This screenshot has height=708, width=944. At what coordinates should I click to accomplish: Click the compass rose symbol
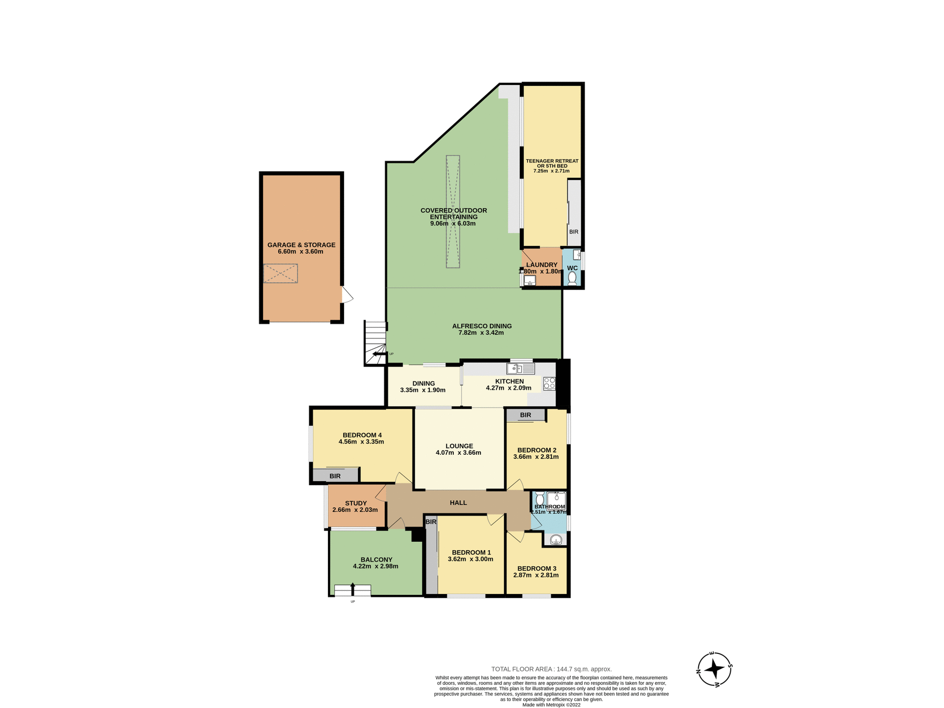click(714, 669)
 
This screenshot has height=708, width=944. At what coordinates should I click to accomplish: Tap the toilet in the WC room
click(572, 279)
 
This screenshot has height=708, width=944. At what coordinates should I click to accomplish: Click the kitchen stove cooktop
click(549, 383)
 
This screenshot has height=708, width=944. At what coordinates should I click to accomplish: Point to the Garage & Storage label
click(301, 245)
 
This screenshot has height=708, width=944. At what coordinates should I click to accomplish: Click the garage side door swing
click(347, 295)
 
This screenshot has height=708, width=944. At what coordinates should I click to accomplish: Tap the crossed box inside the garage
click(280, 273)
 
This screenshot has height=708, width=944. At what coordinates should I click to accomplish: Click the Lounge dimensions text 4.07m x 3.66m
click(458, 453)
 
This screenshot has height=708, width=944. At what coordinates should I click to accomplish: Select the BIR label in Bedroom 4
click(335, 476)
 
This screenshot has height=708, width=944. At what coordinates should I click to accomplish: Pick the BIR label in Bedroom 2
click(525, 415)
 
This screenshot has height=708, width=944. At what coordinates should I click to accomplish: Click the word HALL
click(458, 502)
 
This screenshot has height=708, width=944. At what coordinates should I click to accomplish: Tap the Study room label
click(355, 503)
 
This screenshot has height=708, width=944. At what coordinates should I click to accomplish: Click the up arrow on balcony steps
click(352, 588)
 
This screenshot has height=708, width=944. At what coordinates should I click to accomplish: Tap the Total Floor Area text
click(551, 669)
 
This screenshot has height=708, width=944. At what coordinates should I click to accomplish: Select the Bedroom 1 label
click(471, 552)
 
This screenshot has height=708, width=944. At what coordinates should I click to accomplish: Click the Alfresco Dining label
click(481, 326)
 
